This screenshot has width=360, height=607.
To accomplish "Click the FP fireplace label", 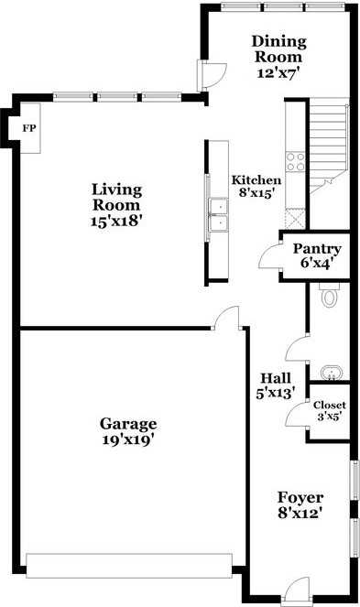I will pos(27,129).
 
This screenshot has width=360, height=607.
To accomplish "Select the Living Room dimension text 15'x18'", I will pos(117,220).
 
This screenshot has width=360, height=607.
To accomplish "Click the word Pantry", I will pos(316,249).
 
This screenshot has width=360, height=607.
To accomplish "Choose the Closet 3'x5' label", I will pos(329,410).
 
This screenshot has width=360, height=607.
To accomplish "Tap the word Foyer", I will pos(300,497).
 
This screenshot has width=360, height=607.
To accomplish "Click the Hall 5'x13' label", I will pos(276,385).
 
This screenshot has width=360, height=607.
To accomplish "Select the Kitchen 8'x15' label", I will pos(256,186).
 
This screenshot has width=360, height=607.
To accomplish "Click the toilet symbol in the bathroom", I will pos(330,295).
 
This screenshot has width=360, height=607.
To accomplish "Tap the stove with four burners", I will pos(296,161).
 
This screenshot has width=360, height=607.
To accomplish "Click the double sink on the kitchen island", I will pos(218,215).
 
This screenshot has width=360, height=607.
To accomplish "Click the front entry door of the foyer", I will pos(297,592).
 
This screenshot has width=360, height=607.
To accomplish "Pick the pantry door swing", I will pos(271,255).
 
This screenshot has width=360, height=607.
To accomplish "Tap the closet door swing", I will pos(297,416).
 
